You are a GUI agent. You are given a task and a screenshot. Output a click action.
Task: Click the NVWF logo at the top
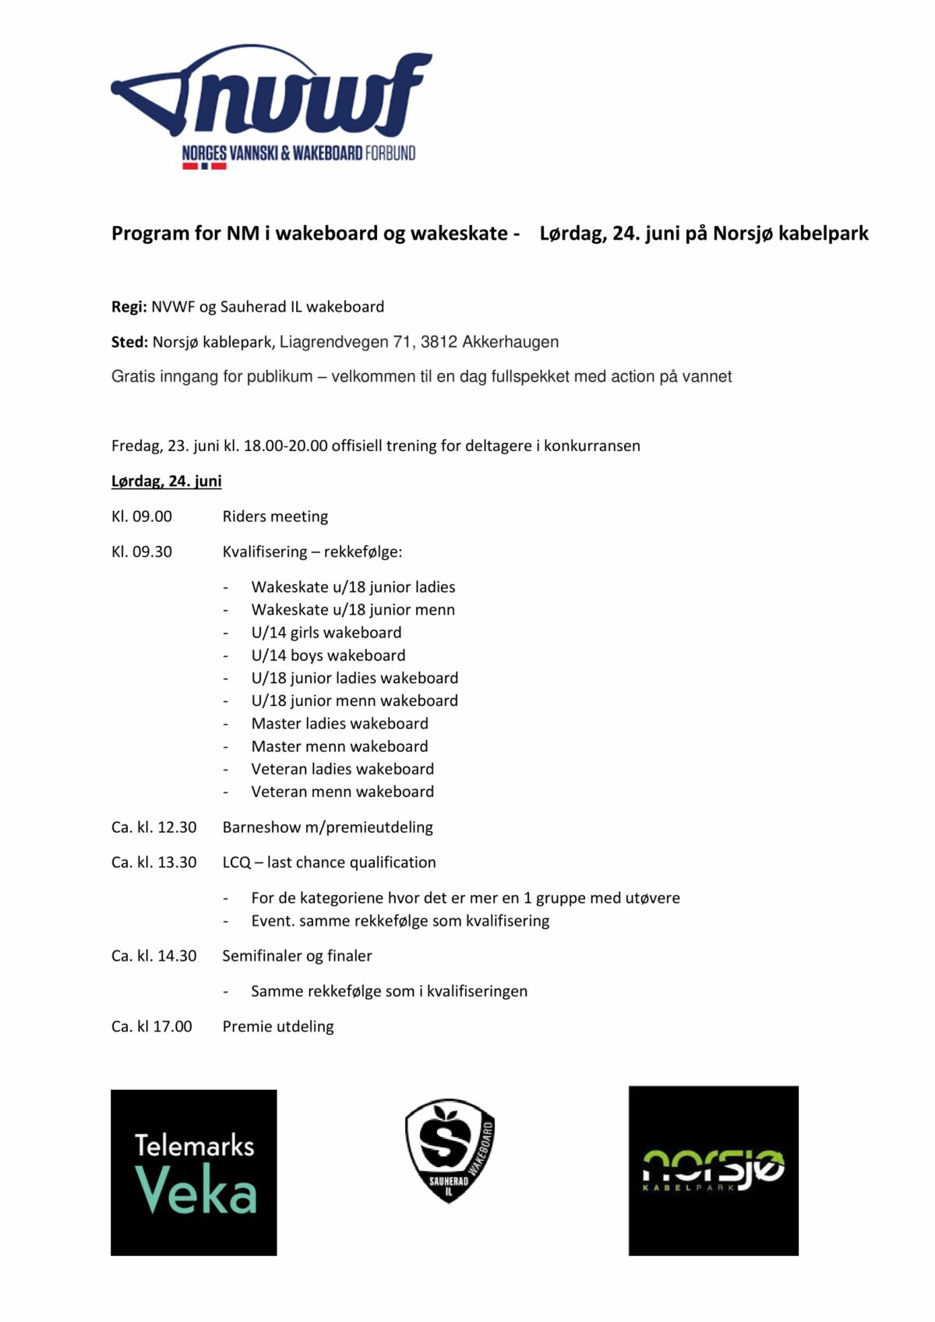(x=271, y=106)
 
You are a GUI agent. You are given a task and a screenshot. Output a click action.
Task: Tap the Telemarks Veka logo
(x=194, y=1172)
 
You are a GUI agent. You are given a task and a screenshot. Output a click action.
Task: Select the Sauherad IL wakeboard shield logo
(x=450, y=1151)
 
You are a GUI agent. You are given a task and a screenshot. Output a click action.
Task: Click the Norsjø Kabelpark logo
(x=713, y=1170)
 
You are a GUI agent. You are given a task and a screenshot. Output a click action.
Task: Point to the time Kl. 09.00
(x=142, y=516)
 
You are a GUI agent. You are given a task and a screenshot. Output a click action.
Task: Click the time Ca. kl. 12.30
(x=153, y=827)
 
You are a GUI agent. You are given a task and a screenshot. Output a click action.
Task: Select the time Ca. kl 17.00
(x=151, y=1027)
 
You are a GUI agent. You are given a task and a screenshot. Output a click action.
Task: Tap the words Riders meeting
(x=275, y=516)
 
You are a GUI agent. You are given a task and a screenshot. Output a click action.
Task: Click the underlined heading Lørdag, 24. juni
(x=166, y=481)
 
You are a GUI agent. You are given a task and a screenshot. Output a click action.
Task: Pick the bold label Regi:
(x=129, y=307)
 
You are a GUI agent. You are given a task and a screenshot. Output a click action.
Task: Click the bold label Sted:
(x=129, y=342)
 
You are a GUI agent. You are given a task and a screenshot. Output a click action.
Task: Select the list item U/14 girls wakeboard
(x=326, y=633)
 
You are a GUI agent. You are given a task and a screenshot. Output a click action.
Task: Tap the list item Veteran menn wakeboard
(x=342, y=791)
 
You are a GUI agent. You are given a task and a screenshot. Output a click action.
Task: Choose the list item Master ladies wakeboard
(x=340, y=724)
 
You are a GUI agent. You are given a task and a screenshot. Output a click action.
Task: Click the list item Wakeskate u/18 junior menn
(x=353, y=610)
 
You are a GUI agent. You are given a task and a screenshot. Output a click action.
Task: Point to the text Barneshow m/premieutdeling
(x=327, y=827)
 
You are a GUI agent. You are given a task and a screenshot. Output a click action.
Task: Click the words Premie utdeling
(x=278, y=1027)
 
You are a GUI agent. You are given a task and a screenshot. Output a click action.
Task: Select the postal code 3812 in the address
(x=438, y=342)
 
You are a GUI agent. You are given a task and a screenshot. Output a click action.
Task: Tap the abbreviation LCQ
(x=236, y=862)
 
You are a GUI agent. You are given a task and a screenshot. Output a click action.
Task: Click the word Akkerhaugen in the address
(x=510, y=342)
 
